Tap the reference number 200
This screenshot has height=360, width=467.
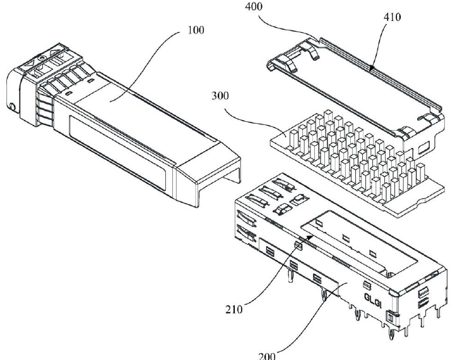tap(267, 356)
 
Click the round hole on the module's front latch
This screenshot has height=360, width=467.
tap(11, 106)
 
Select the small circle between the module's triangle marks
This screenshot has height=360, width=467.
tap(40, 59)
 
